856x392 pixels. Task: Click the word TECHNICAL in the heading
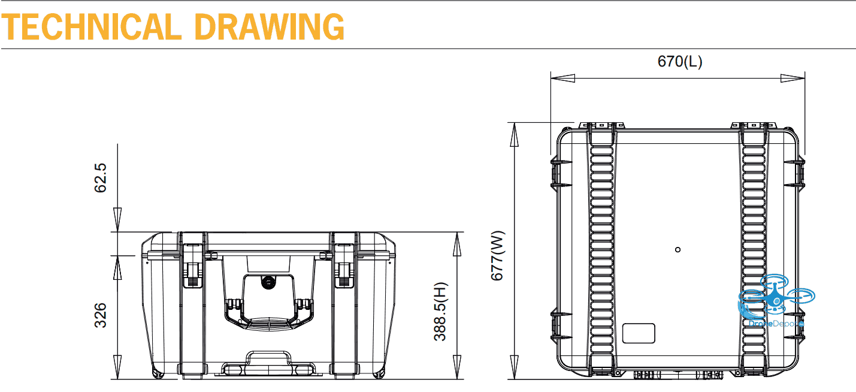point(91,27)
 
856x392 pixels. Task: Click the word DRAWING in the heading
point(270,27)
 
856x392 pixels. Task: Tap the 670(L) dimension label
point(680,62)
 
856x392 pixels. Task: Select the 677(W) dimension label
point(498,255)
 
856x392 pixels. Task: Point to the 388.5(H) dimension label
point(440,312)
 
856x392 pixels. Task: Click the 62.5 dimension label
point(101,178)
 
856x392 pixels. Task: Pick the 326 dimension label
point(101,315)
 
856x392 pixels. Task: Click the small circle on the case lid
point(677,250)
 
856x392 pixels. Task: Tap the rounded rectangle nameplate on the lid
point(639,333)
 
